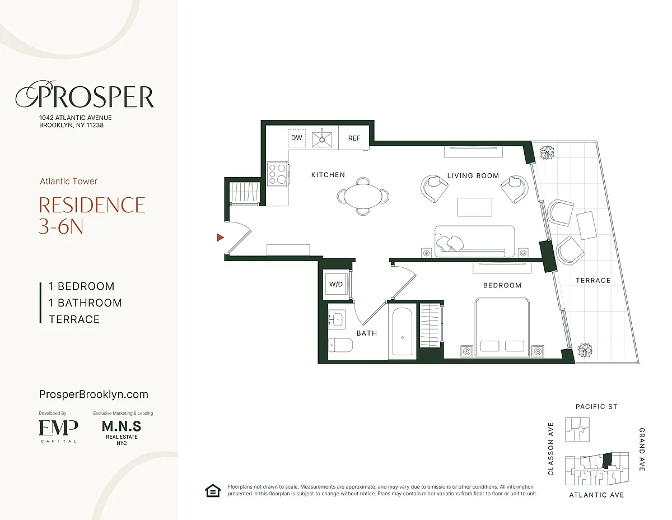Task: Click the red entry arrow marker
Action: (x=220, y=238)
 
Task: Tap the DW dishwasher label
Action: (x=297, y=138)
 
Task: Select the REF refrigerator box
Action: (x=354, y=138)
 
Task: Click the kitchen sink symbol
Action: (x=322, y=139)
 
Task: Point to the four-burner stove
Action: (x=277, y=174)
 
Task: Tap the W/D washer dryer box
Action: (x=336, y=284)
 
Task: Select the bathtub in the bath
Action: (x=402, y=332)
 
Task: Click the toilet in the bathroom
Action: (x=340, y=345)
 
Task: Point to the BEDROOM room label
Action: (x=502, y=285)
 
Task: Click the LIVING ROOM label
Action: (x=473, y=176)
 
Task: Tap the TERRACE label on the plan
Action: (x=593, y=281)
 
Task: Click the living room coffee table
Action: (x=475, y=207)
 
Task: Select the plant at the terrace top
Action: (x=547, y=152)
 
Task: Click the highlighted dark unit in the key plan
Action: (x=608, y=461)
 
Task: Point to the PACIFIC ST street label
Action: (x=596, y=406)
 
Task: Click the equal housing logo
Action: (x=213, y=491)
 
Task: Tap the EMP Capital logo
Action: (x=58, y=431)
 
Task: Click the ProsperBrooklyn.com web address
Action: (x=94, y=394)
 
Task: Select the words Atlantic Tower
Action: (x=69, y=182)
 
